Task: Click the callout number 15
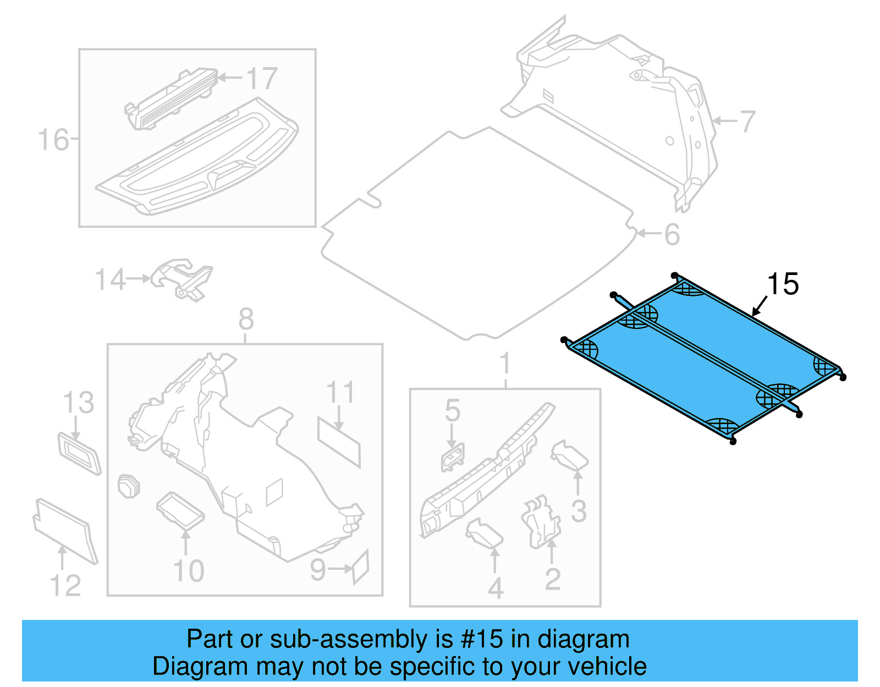(x=783, y=284)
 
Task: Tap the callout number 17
(x=262, y=79)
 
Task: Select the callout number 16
(x=53, y=140)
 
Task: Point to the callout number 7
(x=747, y=122)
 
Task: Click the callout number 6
(x=672, y=234)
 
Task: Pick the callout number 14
(x=111, y=280)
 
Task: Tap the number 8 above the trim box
(x=246, y=319)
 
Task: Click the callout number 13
(x=79, y=403)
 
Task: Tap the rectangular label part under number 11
(x=339, y=442)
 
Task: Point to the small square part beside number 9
(x=360, y=567)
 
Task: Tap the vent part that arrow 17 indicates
(x=170, y=99)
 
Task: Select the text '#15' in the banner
(x=482, y=639)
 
